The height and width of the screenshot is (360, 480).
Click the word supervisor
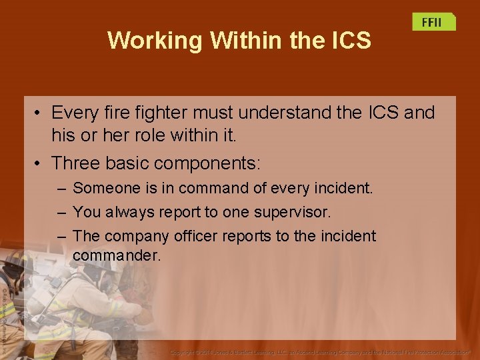point(293,213)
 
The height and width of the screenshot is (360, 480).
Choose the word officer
point(196,236)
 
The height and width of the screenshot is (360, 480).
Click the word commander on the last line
point(117,255)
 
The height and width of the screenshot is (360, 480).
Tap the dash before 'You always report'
point(61,213)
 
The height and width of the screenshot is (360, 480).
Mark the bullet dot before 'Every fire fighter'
point(40,113)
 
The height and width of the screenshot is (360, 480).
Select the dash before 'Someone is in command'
point(61,189)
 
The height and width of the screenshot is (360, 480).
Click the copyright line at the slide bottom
point(320,351)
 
